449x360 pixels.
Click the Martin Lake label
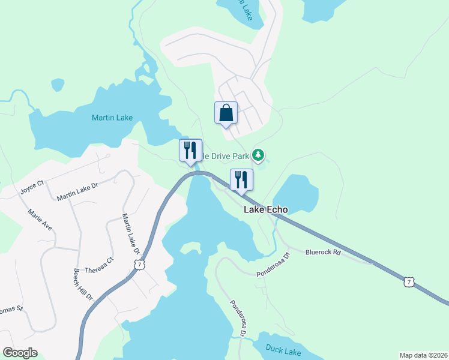(x=112, y=118)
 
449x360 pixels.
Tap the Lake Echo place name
(x=265, y=210)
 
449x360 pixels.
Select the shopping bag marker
(x=226, y=113)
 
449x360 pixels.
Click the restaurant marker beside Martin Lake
(x=190, y=150)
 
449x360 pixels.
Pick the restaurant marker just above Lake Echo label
(x=241, y=180)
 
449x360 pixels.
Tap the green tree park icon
(x=258, y=155)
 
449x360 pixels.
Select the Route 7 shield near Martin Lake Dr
(x=139, y=265)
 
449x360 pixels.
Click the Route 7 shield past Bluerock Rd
(x=409, y=281)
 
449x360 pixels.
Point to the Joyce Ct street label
(x=32, y=187)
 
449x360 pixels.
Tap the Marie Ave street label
(x=40, y=220)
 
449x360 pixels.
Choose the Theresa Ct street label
(x=99, y=265)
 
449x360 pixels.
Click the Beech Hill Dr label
(x=83, y=284)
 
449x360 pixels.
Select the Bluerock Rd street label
(x=323, y=253)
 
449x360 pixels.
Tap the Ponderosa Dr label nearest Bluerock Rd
(x=273, y=265)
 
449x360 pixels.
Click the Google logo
(x=20, y=353)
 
